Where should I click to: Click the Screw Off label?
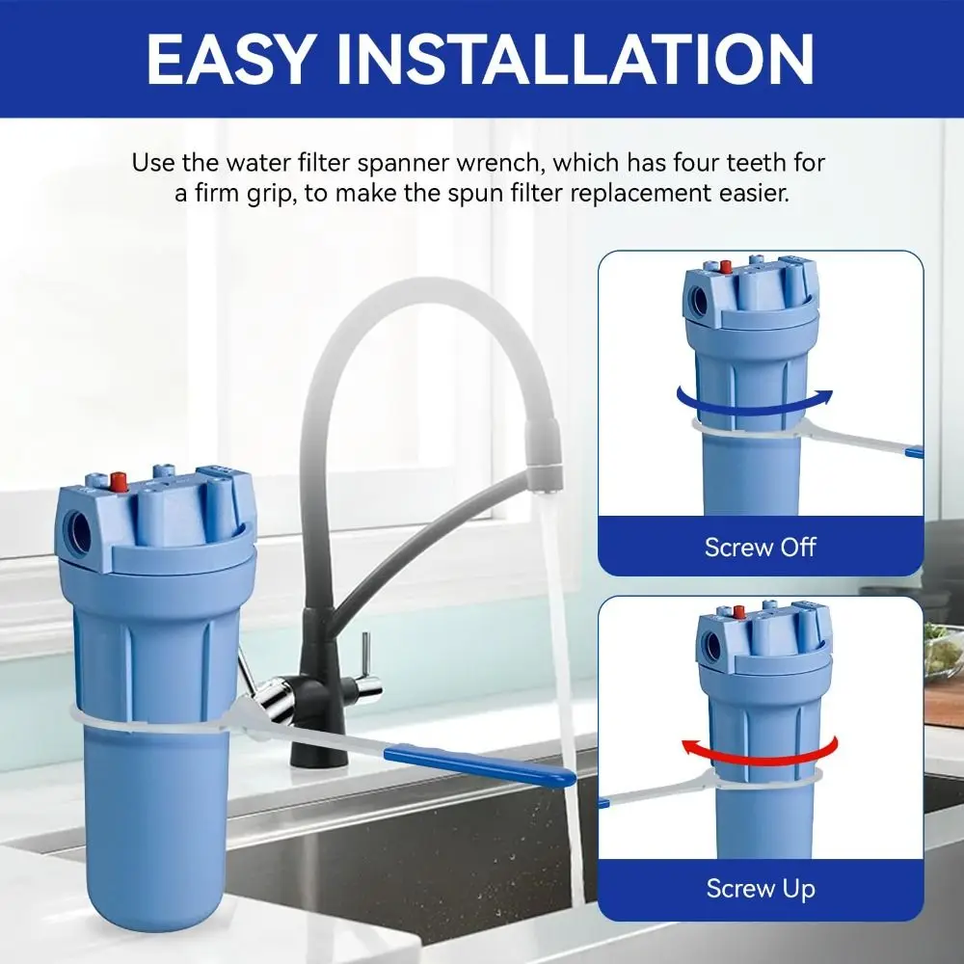click(x=761, y=547)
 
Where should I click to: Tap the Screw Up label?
click(x=761, y=889)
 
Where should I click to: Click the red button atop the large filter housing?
click(x=119, y=481)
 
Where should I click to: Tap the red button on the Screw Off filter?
click(x=726, y=267)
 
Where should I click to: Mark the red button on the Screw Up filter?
click(x=739, y=612)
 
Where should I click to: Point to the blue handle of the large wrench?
click(x=480, y=764)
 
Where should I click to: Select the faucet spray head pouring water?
click(x=544, y=455)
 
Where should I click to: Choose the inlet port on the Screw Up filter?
click(x=712, y=646)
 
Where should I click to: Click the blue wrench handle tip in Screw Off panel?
click(x=915, y=452)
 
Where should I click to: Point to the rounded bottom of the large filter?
click(x=156, y=910)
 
